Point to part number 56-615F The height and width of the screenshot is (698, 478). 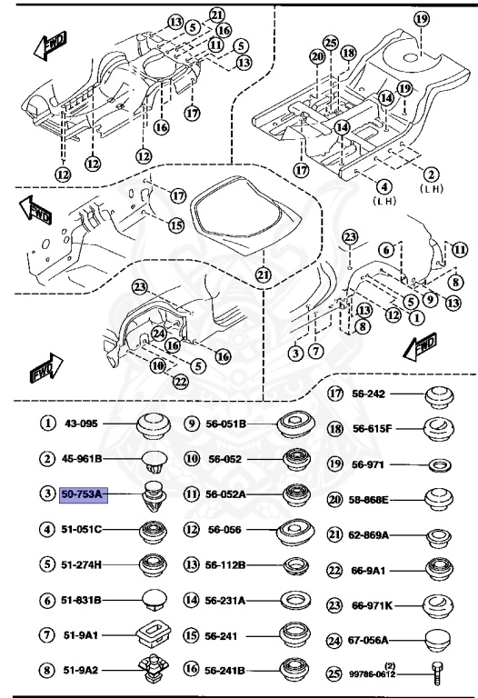(373, 429)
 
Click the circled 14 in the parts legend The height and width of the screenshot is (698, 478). (191, 601)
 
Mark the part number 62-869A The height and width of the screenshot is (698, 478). (371, 534)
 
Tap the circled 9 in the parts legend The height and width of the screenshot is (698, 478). (191, 424)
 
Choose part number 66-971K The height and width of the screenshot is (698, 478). (371, 604)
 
